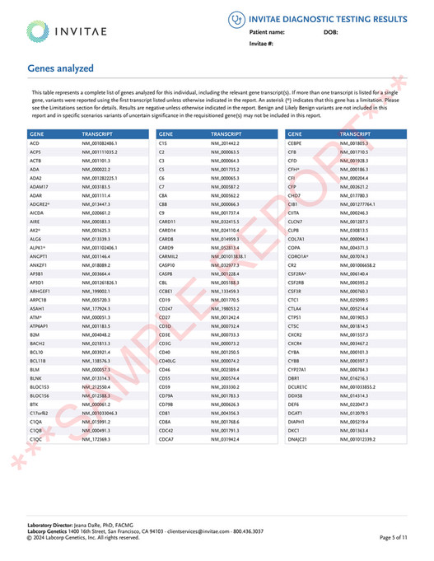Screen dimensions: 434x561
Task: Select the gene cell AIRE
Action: coord(35,221)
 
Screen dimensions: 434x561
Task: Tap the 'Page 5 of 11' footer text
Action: coord(393,537)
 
